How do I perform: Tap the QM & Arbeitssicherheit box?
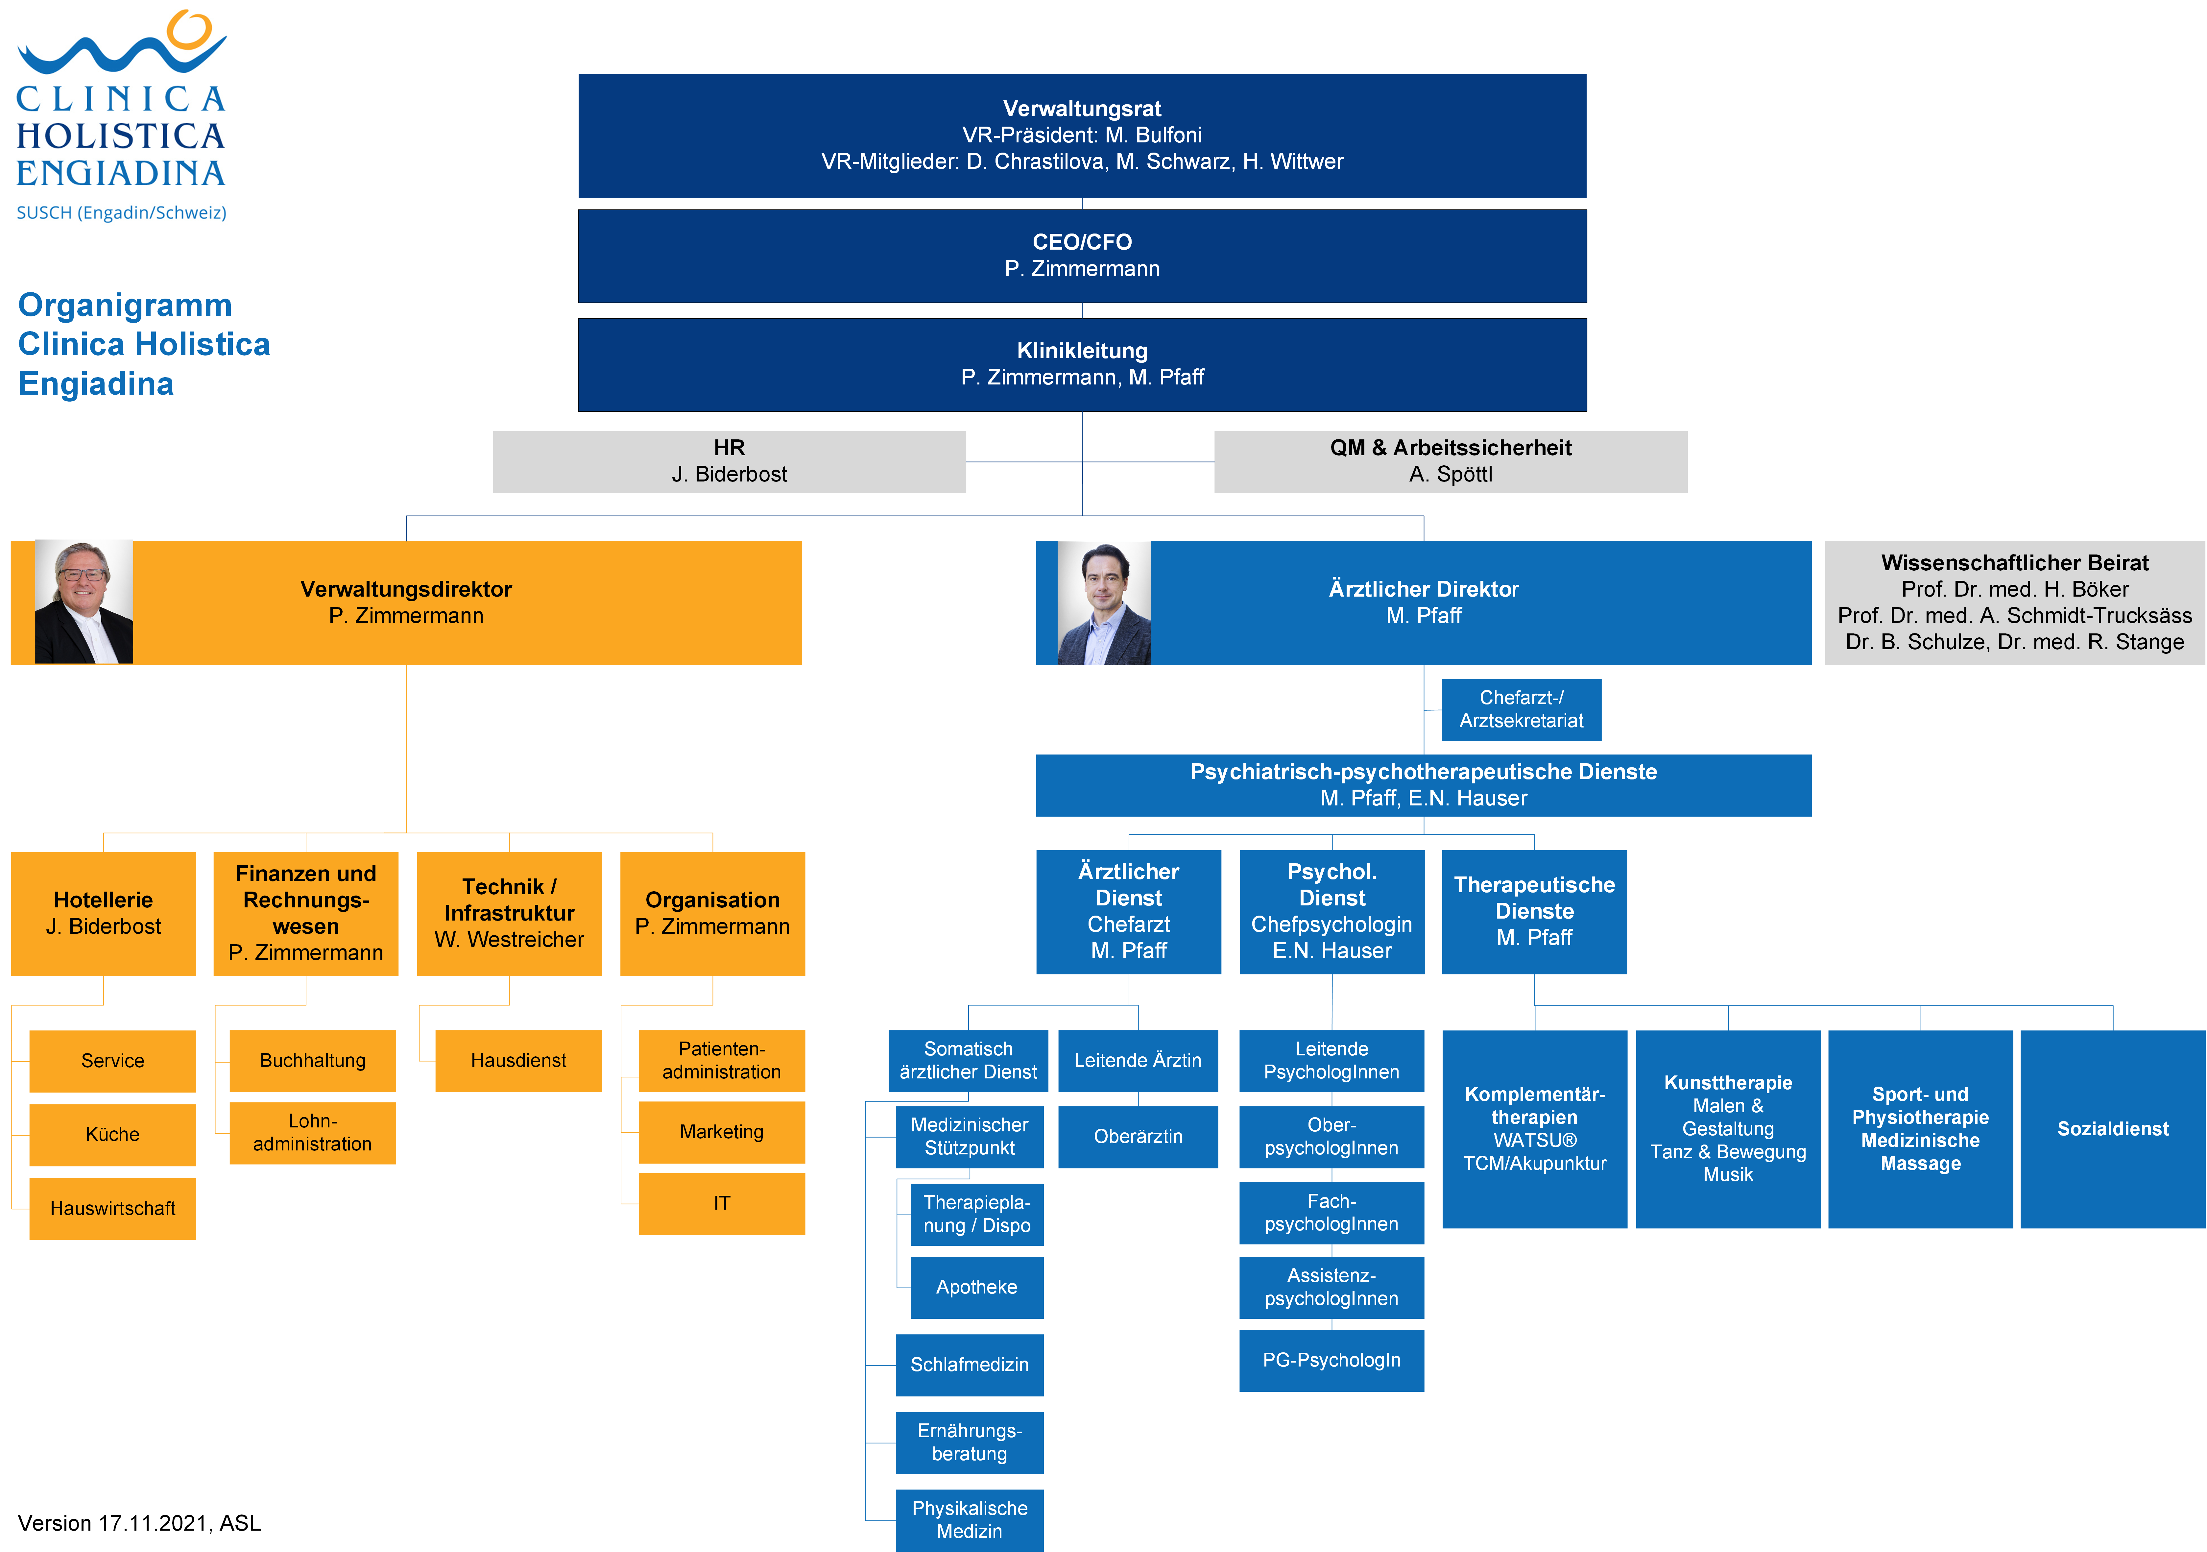1451,461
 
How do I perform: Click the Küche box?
112,1135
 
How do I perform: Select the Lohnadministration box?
312,1133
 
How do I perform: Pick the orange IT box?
722,1203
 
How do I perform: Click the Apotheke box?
977,1288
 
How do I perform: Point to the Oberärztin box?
1138,1137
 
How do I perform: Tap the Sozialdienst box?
2113,1129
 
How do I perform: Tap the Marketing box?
722,1132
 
